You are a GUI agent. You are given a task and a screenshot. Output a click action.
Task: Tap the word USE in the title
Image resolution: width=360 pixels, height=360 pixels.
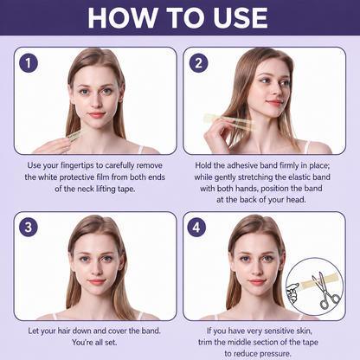pyautogui.click(x=241, y=18)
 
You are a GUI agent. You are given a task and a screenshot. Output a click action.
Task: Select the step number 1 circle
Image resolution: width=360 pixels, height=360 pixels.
pyautogui.click(x=29, y=63)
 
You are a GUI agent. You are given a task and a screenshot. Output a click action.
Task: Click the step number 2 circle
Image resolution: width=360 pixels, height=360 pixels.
pyautogui.click(x=198, y=63)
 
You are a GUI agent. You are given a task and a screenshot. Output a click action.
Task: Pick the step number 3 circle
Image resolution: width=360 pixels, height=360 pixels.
pyautogui.click(x=29, y=227)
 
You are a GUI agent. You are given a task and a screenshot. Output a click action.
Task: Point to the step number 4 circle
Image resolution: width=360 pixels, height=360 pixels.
pyautogui.click(x=196, y=227)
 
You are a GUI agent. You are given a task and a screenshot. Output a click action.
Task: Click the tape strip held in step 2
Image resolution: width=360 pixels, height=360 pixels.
pyautogui.click(x=230, y=122)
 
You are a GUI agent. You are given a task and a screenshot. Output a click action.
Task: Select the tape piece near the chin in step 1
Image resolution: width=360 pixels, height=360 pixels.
pyautogui.click(x=76, y=135)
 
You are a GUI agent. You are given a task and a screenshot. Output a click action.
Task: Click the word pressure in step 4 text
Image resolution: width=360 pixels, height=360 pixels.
pyautogui.click(x=276, y=354)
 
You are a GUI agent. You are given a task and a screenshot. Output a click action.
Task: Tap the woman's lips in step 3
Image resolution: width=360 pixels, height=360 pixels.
pyautogui.click(x=97, y=281)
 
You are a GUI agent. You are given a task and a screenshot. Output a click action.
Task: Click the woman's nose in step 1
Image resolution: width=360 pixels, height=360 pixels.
pyautogui.click(x=96, y=101)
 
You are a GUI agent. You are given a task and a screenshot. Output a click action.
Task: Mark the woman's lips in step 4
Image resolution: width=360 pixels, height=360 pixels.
pyautogui.click(x=257, y=281)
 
